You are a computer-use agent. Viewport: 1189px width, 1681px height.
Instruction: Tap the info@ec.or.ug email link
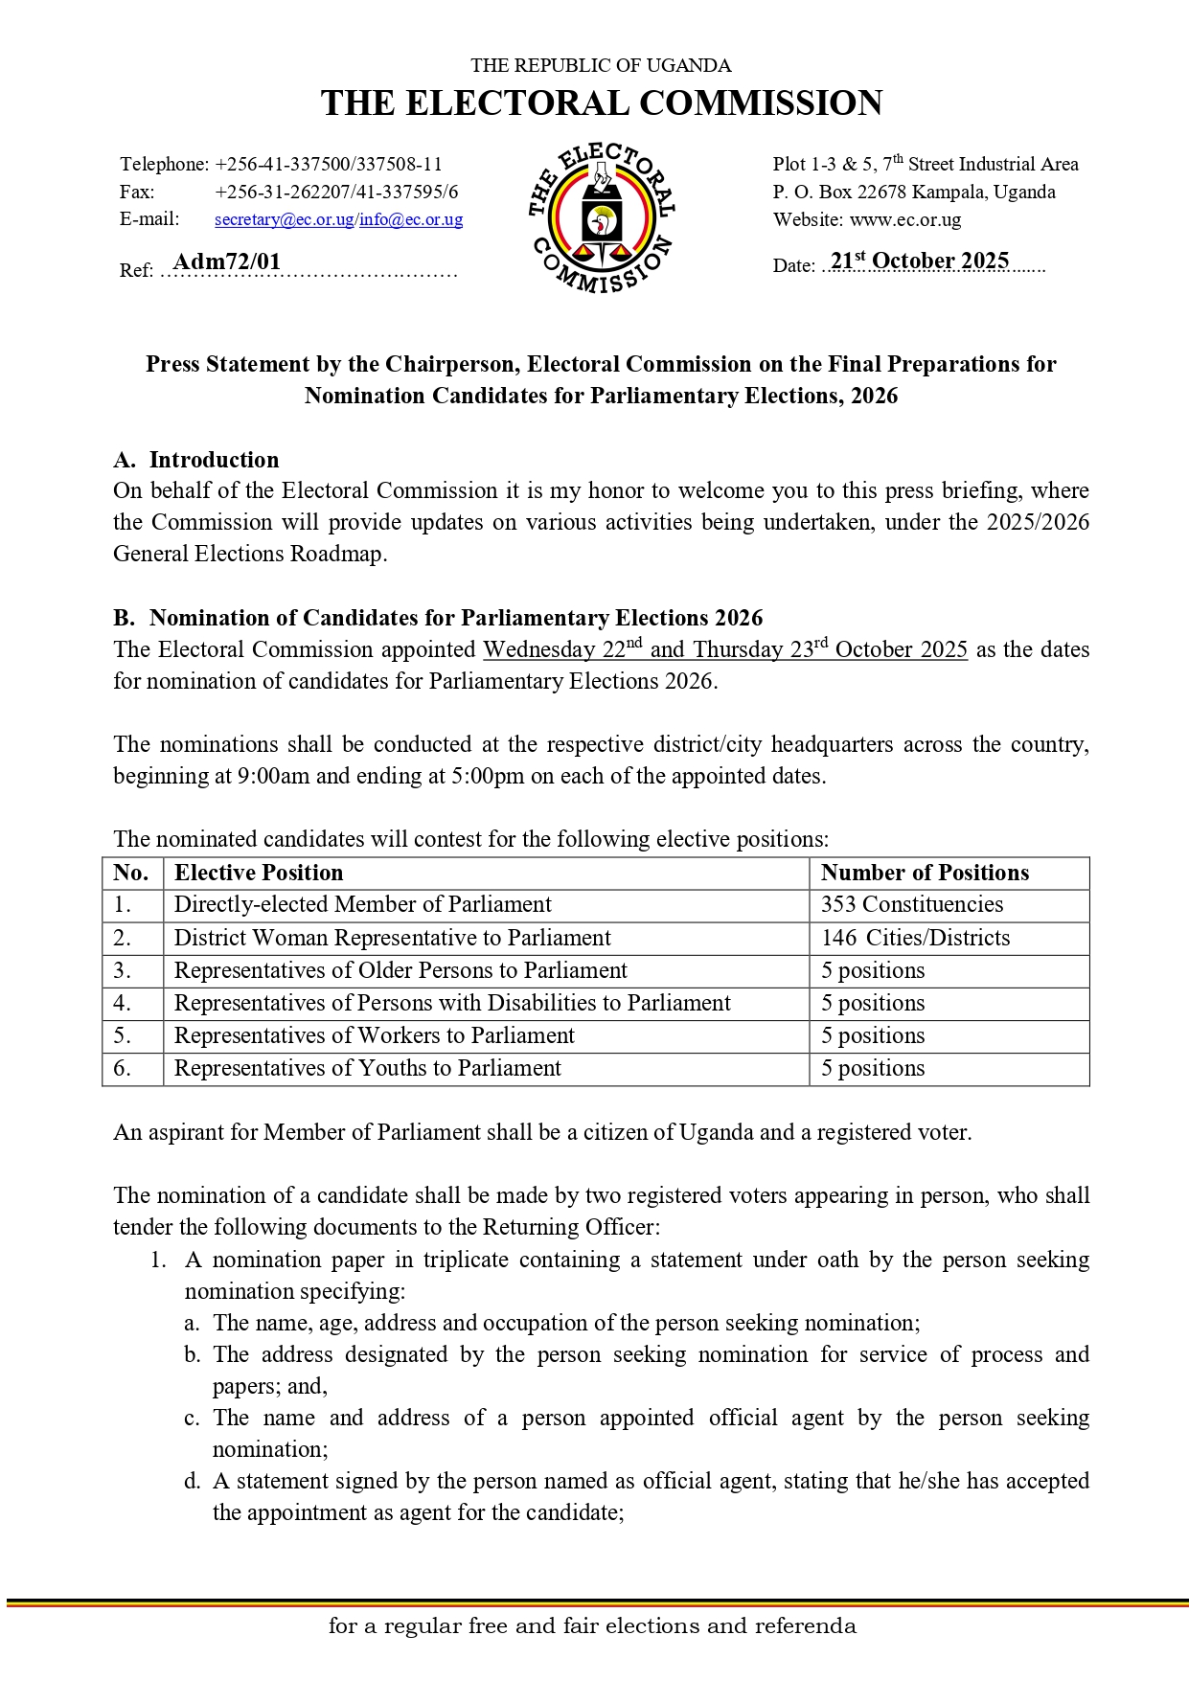tap(411, 219)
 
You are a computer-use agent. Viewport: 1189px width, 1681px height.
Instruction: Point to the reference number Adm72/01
tap(227, 262)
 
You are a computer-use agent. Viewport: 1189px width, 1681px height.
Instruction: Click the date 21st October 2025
tap(919, 261)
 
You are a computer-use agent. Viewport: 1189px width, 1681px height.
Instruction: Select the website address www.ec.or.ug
tap(904, 219)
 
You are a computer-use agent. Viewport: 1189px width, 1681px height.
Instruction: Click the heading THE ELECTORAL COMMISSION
tap(601, 103)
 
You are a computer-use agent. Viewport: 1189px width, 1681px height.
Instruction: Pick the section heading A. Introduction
tap(195, 460)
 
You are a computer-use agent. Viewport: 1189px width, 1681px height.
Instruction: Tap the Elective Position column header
tap(258, 873)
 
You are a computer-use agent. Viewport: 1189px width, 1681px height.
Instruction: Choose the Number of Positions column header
tap(925, 873)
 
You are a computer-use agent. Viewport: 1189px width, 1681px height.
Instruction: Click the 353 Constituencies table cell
tap(911, 904)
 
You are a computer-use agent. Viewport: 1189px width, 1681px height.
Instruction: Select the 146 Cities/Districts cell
tap(915, 938)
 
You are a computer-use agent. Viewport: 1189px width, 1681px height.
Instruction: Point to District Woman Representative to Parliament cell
tap(392, 938)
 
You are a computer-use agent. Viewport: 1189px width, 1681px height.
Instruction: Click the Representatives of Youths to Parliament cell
tap(367, 1068)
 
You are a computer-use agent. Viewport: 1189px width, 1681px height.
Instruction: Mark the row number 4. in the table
tap(123, 1003)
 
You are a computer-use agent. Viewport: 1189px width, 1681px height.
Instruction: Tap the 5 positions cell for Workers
tap(872, 1035)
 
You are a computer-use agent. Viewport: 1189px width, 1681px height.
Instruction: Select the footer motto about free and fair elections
tap(592, 1625)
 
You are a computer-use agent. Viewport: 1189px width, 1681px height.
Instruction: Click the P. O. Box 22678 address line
tap(913, 192)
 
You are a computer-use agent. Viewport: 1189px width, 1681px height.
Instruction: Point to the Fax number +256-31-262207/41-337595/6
tap(336, 192)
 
